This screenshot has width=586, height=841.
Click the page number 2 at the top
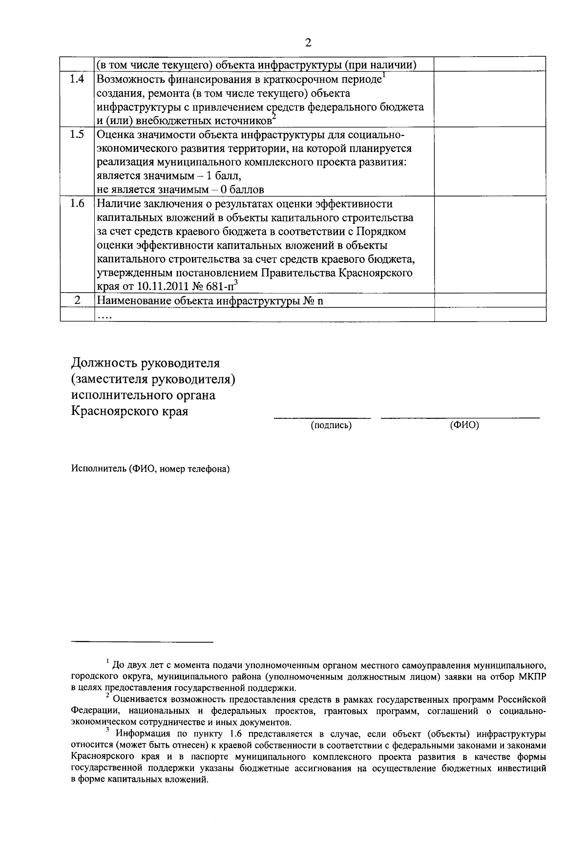coord(308,43)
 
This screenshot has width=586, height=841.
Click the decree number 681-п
coord(218,287)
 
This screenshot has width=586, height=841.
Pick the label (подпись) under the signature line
coord(331,426)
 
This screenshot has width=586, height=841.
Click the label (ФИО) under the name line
coord(464,426)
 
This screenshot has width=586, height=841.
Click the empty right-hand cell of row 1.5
coord(490,162)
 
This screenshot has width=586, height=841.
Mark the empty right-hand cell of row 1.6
coord(490,244)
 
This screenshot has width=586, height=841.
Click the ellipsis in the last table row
coord(105,317)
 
